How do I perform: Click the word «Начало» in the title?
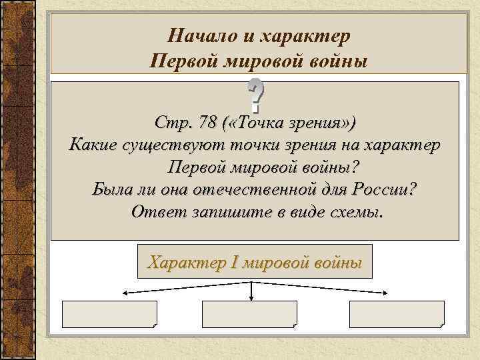pyautogui.click(x=197, y=34)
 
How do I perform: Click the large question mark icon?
pyautogui.click(x=255, y=95)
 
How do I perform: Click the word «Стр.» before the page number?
pyautogui.click(x=170, y=123)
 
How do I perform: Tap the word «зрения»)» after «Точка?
pyautogui.click(x=327, y=123)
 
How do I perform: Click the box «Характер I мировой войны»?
pyautogui.click(x=255, y=261)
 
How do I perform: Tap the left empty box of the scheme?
pyautogui.click(x=109, y=313)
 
